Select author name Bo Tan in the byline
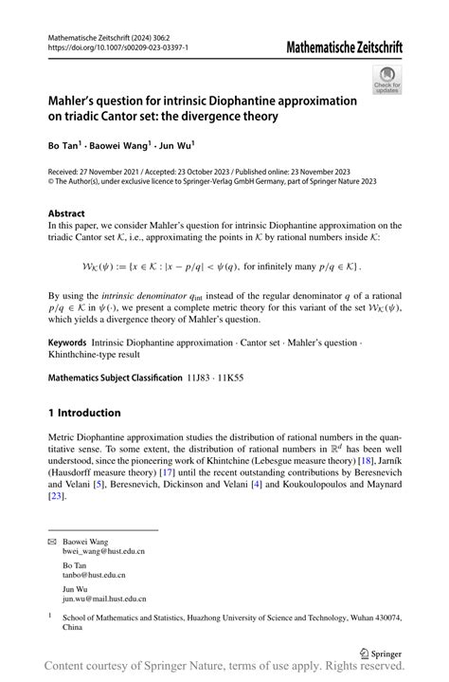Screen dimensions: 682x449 pos(62,146)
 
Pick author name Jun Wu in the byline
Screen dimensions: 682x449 pos(175,146)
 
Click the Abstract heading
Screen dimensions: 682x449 pos(66,214)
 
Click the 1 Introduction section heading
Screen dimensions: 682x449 pos(84,413)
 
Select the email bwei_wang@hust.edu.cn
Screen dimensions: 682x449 pos(104,551)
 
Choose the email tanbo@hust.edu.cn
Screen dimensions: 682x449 pos(95,575)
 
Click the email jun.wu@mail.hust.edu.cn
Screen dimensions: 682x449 pos(104,599)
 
